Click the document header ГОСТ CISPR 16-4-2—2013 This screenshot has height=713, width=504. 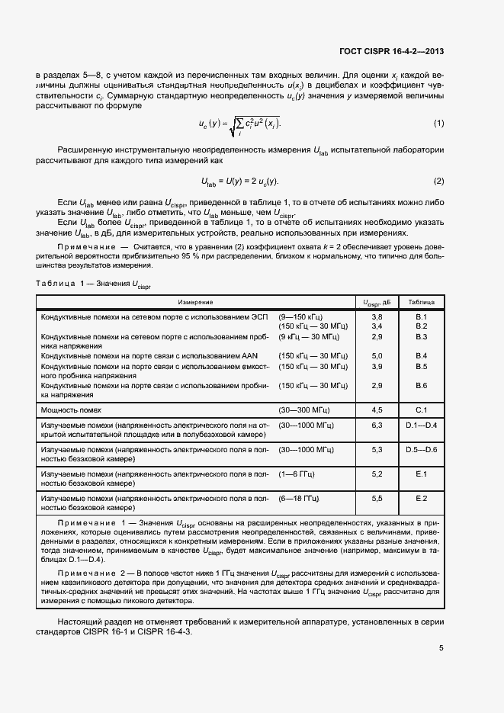click(x=392, y=52)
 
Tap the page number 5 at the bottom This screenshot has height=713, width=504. click(x=441, y=649)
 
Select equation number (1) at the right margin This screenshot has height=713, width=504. click(x=438, y=124)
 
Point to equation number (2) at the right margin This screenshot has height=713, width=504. click(x=438, y=181)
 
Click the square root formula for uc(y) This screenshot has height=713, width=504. click(x=239, y=124)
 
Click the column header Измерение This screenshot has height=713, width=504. click(x=196, y=302)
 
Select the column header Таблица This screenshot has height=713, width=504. click(x=421, y=302)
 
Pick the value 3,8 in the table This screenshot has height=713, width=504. click(x=377, y=316)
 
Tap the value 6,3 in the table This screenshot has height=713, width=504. click(x=377, y=425)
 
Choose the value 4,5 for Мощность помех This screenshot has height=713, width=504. click(x=377, y=409)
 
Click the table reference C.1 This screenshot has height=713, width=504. click(x=421, y=409)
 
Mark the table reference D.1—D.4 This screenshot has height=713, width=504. click(x=421, y=425)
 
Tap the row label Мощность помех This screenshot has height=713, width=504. click(x=70, y=409)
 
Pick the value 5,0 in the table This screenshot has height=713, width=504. click(x=377, y=356)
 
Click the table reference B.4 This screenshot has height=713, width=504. click(x=421, y=356)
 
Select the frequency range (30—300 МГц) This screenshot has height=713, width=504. click(x=303, y=409)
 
